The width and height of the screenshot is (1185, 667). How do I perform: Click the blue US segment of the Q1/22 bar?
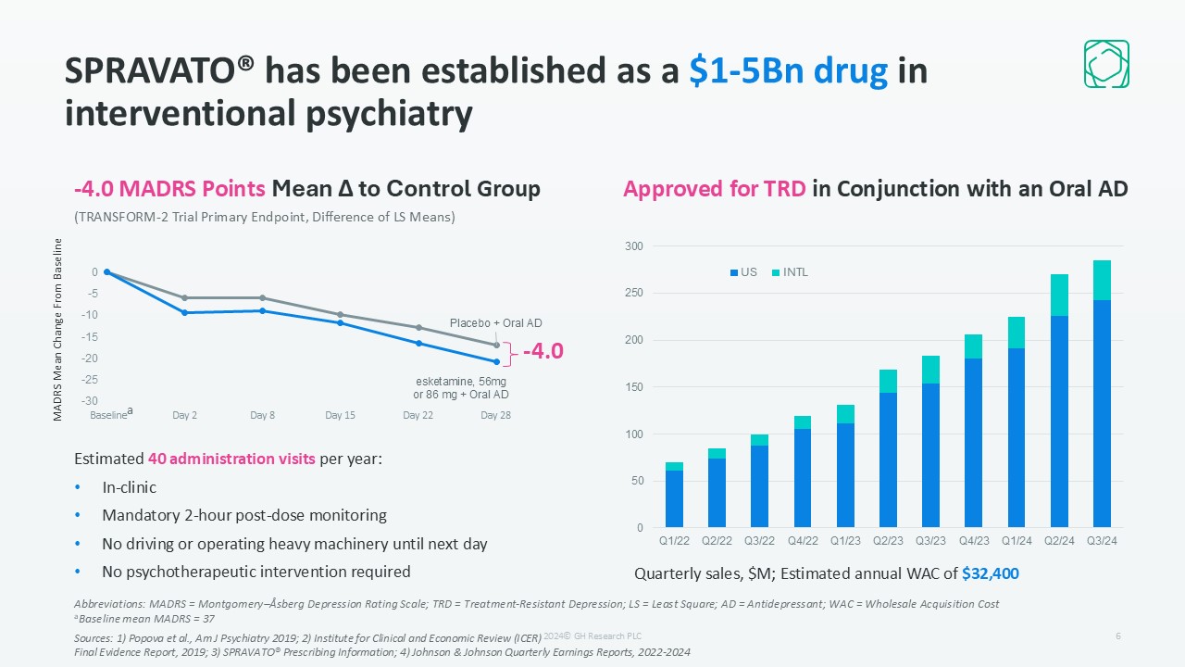click(674, 498)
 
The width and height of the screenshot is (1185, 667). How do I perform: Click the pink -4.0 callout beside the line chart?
click(543, 352)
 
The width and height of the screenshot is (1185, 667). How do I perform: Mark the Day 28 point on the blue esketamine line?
click(496, 361)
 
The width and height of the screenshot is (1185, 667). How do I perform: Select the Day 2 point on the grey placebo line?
click(185, 297)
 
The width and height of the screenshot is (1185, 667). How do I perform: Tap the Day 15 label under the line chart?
click(340, 415)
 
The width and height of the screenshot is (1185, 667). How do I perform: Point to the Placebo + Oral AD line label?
click(495, 322)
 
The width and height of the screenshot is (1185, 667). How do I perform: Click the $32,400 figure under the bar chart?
click(991, 573)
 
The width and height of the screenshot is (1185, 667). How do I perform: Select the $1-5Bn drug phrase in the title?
click(789, 71)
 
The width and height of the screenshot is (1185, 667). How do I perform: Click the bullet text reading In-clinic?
click(129, 487)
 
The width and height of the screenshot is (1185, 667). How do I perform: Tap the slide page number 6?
click(1118, 636)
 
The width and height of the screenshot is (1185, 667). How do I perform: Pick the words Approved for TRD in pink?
click(715, 189)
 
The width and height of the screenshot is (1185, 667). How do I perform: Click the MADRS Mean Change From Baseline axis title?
click(57, 330)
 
